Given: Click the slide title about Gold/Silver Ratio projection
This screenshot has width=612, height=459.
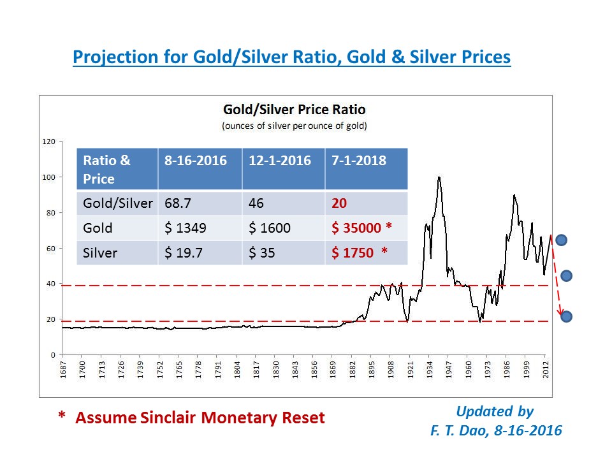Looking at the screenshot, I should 291,57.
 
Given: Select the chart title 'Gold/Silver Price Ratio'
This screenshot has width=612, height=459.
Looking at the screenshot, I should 294,109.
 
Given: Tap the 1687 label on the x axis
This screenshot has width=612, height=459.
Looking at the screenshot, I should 62,369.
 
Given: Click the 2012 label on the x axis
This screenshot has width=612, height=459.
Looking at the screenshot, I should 546,369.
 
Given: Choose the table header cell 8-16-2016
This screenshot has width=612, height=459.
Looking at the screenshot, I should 195,161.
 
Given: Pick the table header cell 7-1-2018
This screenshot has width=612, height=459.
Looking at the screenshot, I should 359,161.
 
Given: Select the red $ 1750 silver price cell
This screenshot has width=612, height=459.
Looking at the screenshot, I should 359,252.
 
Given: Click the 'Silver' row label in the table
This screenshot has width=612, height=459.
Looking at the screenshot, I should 100,252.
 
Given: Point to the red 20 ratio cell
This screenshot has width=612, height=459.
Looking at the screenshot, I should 339,203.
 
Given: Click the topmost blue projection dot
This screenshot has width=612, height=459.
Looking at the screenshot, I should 561,240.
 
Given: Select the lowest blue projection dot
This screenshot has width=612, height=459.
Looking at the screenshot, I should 566,316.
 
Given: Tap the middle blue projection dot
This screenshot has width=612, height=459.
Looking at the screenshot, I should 566,275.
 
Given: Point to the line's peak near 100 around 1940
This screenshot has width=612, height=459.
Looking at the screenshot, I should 439,177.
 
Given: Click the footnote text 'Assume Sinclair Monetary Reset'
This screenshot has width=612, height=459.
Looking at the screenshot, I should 200,418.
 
